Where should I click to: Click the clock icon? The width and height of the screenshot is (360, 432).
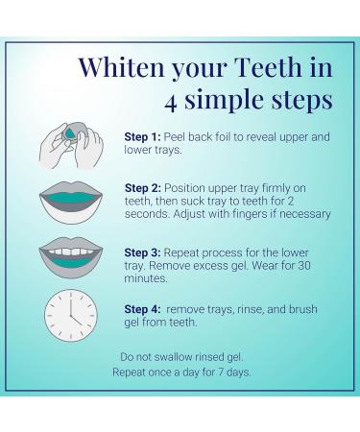click(71, 314)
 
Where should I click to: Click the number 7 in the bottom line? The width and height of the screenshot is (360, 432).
click(221, 372)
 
